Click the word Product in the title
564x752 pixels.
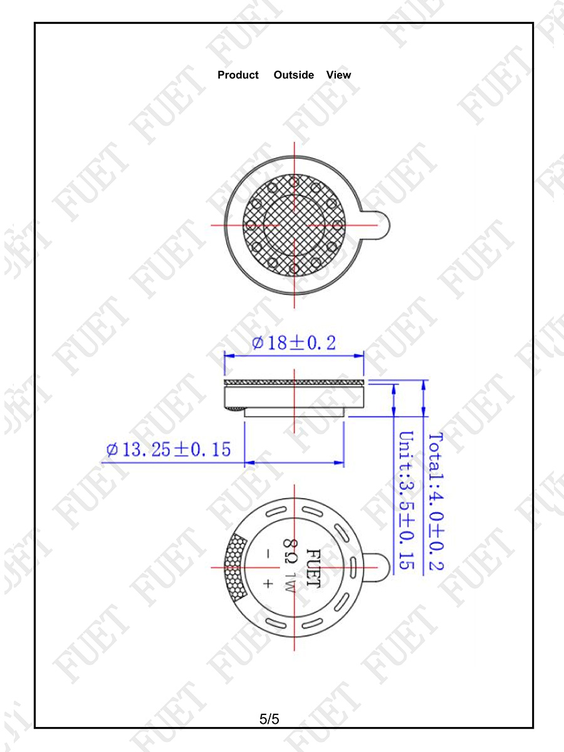click(x=238, y=75)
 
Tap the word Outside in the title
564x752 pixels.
click(x=294, y=75)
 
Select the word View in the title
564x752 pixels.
click(x=338, y=75)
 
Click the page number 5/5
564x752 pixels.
click(x=269, y=719)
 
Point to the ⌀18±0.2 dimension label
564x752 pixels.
click(x=294, y=343)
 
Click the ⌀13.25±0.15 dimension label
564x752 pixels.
click(x=169, y=449)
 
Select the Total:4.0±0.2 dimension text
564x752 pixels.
click(x=436, y=501)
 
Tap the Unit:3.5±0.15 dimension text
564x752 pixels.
click(x=407, y=500)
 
